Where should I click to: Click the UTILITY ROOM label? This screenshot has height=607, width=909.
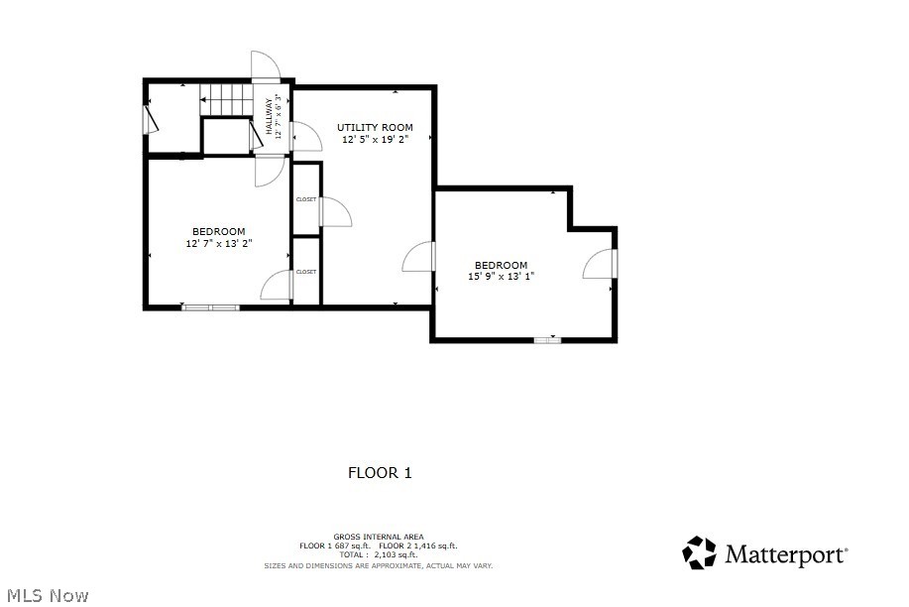(x=375, y=127)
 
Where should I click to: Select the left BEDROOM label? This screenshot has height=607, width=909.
(x=218, y=231)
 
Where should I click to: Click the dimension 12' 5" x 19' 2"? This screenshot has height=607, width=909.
(x=375, y=140)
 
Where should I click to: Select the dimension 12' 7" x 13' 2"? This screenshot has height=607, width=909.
(x=218, y=243)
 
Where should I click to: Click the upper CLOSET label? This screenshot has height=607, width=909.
(x=306, y=199)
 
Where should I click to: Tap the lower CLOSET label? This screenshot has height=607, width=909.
(x=306, y=271)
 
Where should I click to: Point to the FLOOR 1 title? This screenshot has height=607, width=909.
(x=380, y=473)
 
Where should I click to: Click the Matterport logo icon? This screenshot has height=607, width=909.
(x=700, y=552)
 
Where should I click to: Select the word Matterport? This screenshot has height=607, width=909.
(x=786, y=554)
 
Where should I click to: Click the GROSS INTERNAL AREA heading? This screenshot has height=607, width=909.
(x=379, y=537)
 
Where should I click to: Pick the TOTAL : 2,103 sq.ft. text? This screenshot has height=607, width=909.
(x=379, y=555)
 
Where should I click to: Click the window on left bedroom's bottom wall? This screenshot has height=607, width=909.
(x=210, y=307)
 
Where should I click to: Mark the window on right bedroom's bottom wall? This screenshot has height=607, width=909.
(x=547, y=340)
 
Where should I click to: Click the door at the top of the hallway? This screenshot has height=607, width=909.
(x=266, y=67)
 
